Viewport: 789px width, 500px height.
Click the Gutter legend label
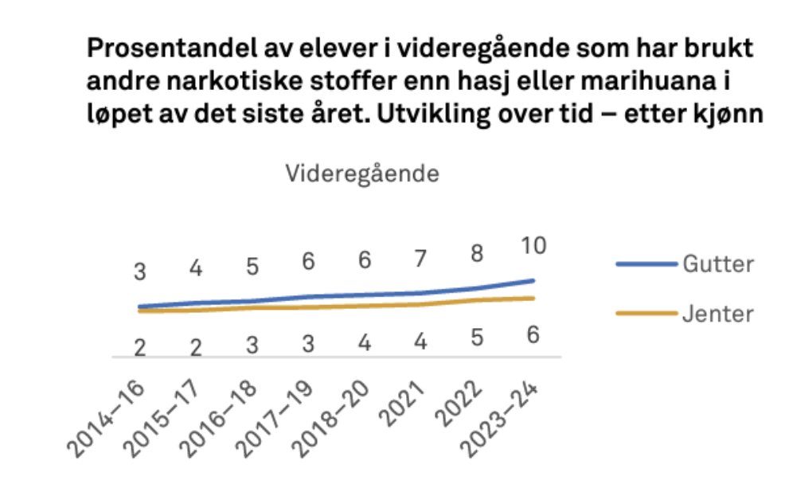click(717, 264)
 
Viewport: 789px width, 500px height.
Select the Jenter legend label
click(717, 314)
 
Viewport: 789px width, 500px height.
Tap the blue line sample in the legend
click(646, 264)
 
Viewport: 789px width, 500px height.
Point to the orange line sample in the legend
click(646, 314)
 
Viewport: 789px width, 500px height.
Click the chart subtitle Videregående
click(363, 174)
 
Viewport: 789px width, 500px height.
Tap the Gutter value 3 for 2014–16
click(140, 271)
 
